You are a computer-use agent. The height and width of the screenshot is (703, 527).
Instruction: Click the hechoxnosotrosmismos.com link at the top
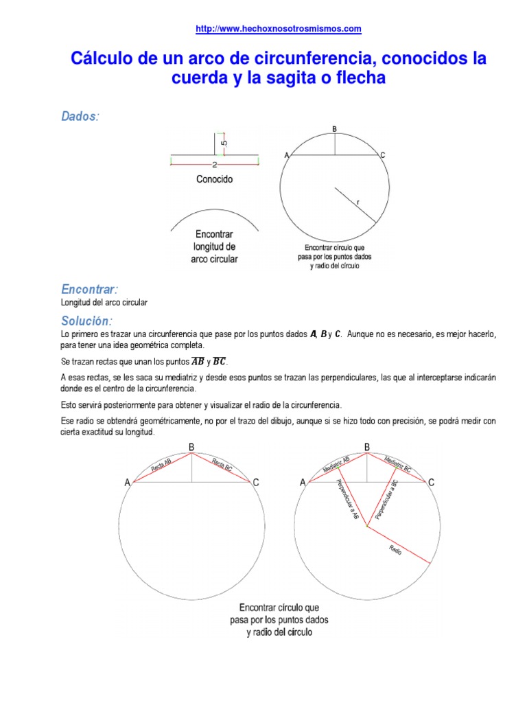[x=279, y=29]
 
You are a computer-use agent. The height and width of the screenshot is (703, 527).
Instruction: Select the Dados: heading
[x=80, y=117]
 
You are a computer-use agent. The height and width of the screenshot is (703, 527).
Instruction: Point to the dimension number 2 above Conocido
[x=215, y=165]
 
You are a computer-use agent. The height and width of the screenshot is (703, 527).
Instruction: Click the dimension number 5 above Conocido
[x=224, y=143]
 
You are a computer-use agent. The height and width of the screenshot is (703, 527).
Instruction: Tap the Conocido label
[x=215, y=179]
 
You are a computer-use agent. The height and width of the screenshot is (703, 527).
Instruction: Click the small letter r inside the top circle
[x=358, y=202]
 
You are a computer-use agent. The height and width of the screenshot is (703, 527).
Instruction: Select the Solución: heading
[x=86, y=321]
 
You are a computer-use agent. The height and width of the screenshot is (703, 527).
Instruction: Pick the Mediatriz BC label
[x=398, y=465]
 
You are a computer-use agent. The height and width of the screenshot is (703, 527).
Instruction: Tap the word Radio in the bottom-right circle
[x=395, y=549]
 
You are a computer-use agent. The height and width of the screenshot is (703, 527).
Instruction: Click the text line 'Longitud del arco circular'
[x=104, y=302]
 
